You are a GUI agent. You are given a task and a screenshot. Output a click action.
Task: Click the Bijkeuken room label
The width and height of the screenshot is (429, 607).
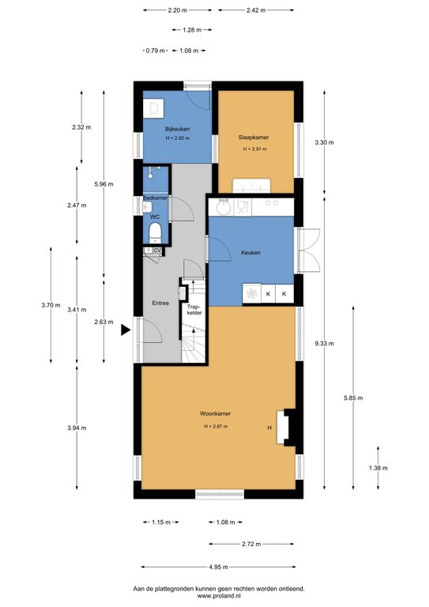(x=177, y=129)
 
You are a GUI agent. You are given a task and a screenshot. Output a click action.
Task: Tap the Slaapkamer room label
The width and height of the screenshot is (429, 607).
(x=254, y=137)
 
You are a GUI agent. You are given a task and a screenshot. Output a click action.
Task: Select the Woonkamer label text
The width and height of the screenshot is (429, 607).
(x=215, y=413)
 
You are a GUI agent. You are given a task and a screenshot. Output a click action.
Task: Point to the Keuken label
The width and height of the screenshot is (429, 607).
(x=250, y=252)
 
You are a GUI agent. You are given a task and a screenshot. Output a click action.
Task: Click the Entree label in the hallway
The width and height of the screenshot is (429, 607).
(x=160, y=303)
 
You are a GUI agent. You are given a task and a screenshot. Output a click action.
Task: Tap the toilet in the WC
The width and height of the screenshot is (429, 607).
(x=155, y=233)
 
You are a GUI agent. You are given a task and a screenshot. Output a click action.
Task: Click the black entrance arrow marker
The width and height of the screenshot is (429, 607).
(x=126, y=330)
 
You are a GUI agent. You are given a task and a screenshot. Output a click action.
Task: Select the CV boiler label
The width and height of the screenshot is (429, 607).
(x=157, y=251)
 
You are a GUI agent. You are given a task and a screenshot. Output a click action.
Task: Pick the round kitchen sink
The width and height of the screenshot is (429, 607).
(x=224, y=209)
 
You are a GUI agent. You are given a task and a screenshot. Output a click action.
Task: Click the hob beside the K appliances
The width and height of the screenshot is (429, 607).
(x=252, y=294)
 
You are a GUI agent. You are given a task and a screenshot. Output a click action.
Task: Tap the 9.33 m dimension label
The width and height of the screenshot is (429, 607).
(x=324, y=343)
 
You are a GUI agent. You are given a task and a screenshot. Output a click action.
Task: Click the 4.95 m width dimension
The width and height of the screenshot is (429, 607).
(x=218, y=567)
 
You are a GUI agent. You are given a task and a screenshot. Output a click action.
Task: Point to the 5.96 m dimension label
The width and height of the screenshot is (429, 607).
(x=103, y=184)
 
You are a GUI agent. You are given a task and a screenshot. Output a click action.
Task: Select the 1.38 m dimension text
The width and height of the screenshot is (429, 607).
(x=378, y=468)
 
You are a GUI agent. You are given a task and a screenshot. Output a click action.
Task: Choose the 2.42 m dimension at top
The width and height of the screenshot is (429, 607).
(x=256, y=10)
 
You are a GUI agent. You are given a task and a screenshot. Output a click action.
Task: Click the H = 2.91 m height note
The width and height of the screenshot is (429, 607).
(x=254, y=149)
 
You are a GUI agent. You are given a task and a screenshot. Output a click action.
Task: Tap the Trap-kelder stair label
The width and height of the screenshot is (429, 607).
(x=194, y=310)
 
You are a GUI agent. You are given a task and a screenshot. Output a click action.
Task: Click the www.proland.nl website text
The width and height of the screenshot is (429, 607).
(x=219, y=596)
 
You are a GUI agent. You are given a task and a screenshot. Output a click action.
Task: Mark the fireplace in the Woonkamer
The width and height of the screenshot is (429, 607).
(x=286, y=427)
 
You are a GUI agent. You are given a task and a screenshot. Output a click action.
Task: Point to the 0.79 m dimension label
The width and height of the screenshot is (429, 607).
(x=155, y=51)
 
